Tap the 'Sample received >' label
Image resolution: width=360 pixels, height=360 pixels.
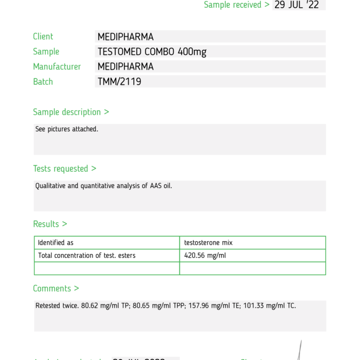(x=237, y=5)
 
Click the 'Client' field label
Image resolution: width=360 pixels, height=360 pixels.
(x=43, y=37)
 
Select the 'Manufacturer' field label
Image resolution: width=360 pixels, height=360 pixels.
(x=57, y=66)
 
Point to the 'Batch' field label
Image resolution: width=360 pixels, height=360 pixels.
(x=43, y=81)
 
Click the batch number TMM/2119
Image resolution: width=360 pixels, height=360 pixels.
(x=119, y=81)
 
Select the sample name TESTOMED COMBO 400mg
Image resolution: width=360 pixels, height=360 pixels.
(x=152, y=51)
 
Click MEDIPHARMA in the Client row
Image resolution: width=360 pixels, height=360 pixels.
(x=125, y=37)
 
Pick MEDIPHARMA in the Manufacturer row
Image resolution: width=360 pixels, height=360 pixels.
(x=125, y=66)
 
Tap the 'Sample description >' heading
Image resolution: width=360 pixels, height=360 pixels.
(x=71, y=112)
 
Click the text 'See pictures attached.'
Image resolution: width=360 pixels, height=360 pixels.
(x=66, y=129)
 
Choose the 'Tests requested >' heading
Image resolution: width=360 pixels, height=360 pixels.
(x=65, y=168)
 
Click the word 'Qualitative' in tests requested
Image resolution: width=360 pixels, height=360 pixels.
(x=50, y=186)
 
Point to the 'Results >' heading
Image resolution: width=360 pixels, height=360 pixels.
(x=50, y=224)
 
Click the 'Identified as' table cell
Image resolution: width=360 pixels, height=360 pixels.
(x=56, y=243)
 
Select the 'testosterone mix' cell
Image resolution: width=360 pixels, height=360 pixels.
(x=208, y=243)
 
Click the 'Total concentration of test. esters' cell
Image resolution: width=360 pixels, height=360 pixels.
(x=87, y=256)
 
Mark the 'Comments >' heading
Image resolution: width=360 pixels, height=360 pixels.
(x=56, y=289)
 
